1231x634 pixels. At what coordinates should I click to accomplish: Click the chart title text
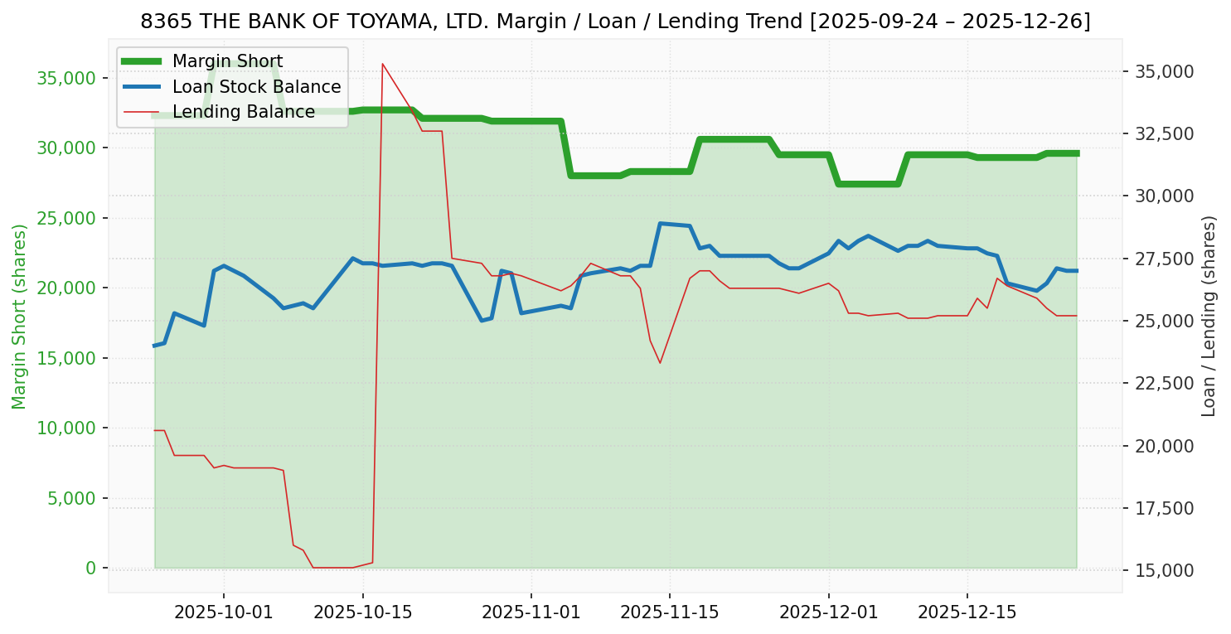[615, 22]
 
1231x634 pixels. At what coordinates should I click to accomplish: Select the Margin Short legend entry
[227, 61]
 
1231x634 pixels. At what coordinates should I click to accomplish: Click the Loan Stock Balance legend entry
[256, 87]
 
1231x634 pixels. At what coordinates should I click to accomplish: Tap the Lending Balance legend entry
[243, 112]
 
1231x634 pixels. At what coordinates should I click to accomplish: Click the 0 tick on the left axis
[91, 568]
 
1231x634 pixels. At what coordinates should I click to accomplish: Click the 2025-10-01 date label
[224, 612]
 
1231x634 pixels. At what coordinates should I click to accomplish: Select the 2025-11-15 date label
[669, 612]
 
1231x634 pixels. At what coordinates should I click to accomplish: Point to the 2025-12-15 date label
[967, 612]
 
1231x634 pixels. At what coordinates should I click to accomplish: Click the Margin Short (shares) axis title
[20, 317]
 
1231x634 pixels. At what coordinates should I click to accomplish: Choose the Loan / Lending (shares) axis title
[1209, 317]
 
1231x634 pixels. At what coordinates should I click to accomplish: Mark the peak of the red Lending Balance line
[382, 64]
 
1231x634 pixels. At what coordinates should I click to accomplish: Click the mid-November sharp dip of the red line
[660, 362]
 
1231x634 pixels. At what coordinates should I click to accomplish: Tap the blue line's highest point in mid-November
[660, 223]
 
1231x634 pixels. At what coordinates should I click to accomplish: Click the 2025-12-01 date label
[828, 612]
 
